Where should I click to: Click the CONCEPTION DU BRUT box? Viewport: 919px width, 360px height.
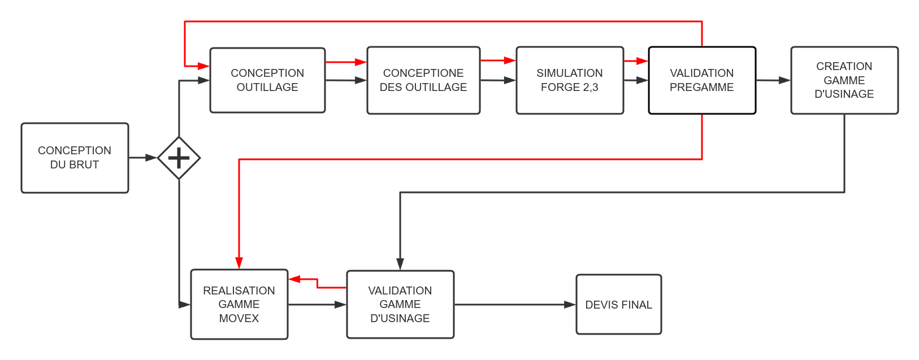pos(75,158)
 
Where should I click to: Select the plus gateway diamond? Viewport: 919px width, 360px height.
pos(179,158)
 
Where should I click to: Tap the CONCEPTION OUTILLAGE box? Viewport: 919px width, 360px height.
pos(267,80)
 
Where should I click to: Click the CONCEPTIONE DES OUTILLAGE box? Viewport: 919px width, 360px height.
pos(423,80)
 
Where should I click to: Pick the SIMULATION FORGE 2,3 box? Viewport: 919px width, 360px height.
pos(570,80)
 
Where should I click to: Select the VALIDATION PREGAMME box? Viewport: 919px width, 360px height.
pos(701,80)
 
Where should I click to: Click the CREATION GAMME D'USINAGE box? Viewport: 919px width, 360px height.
pos(844,80)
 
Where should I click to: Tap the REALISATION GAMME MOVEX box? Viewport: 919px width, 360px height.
pos(239,305)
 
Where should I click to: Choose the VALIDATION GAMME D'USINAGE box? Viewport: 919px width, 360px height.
pos(400,305)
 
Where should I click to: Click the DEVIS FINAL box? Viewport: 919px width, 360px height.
pos(618,305)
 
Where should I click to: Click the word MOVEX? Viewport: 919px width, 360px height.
pos(239,319)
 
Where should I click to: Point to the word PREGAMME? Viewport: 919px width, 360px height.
pos(701,88)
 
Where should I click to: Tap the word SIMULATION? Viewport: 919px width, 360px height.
pos(570,73)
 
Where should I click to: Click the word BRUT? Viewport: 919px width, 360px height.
pos(83,165)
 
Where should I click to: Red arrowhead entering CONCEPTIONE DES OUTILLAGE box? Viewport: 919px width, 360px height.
pos(361,62)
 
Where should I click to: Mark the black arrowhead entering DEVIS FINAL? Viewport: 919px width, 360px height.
pos(570,305)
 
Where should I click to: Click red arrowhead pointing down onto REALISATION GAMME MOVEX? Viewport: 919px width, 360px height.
pos(239,263)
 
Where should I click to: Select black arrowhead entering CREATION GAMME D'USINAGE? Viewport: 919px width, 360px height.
pos(784,80)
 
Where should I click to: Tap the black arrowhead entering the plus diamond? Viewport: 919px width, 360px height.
pos(151,158)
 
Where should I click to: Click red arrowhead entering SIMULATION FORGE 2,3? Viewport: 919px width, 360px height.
pos(510,60)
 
